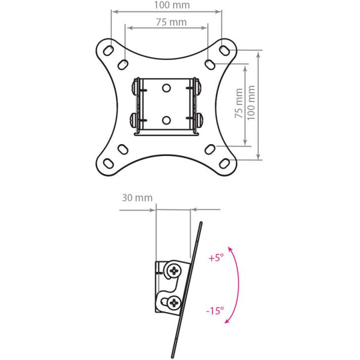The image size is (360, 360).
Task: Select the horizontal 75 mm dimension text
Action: (x=166, y=22)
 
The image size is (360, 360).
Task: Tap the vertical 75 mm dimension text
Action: (x=239, y=106)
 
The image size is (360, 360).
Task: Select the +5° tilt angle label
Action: (x=216, y=259)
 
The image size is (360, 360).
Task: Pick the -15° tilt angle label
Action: (x=215, y=311)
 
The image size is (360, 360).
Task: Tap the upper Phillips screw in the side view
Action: (x=175, y=271)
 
